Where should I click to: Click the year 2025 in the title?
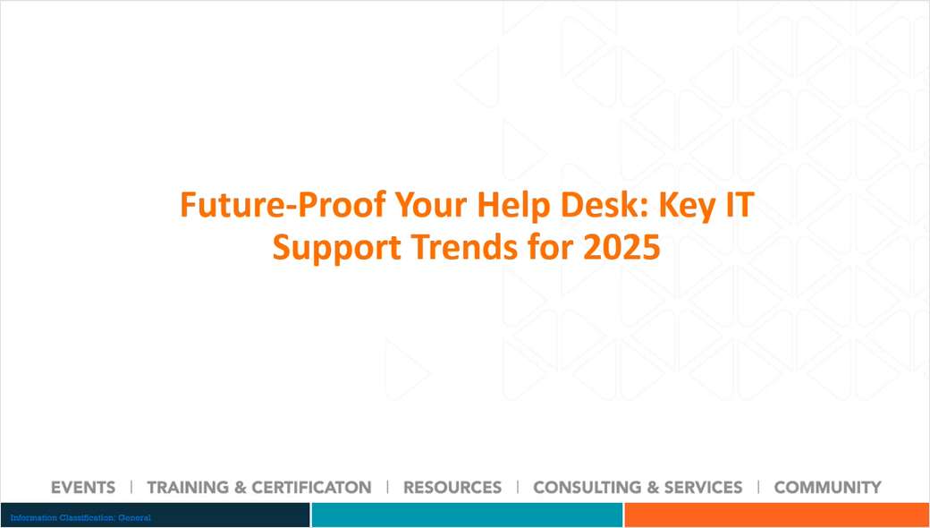coord(621,247)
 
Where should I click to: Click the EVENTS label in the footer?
coord(83,488)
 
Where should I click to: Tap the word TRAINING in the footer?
coord(187,488)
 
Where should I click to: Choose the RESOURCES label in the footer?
coord(452,488)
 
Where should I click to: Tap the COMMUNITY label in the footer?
coord(827,488)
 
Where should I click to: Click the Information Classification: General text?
coord(80,518)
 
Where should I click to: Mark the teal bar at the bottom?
coord(467,515)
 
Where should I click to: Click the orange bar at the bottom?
coord(776,515)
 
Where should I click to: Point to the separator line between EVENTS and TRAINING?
coord(131,487)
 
